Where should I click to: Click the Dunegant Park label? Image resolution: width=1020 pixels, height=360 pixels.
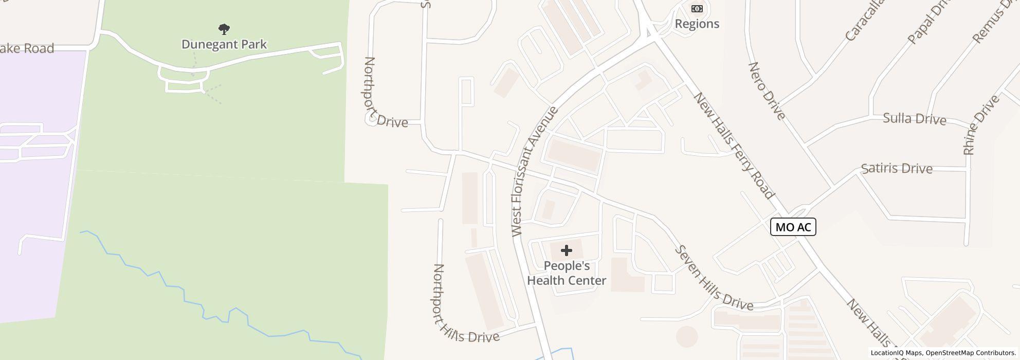pos(224,44)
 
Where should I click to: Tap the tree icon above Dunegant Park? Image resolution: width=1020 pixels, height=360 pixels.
pos(224,29)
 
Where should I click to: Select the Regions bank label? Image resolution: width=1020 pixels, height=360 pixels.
pos(697,24)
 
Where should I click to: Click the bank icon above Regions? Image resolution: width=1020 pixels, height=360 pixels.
pos(697,9)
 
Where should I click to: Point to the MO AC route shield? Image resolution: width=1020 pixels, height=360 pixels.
pos(793,227)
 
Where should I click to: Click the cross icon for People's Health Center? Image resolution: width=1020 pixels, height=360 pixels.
pos(566,250)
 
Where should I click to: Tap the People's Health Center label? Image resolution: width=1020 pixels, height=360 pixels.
pos(567,273)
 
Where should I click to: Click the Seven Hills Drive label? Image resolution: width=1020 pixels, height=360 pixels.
pos(714,279)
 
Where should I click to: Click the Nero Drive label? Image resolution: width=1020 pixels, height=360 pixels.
pos(766,91)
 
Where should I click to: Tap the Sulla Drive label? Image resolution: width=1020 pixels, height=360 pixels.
pos(914,119)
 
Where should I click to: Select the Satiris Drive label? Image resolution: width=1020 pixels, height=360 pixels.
pos(896,168)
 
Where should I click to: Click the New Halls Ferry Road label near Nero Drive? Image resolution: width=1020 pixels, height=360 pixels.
pos(733,146)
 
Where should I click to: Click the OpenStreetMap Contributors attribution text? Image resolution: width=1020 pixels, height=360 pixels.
pos(970,353)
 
